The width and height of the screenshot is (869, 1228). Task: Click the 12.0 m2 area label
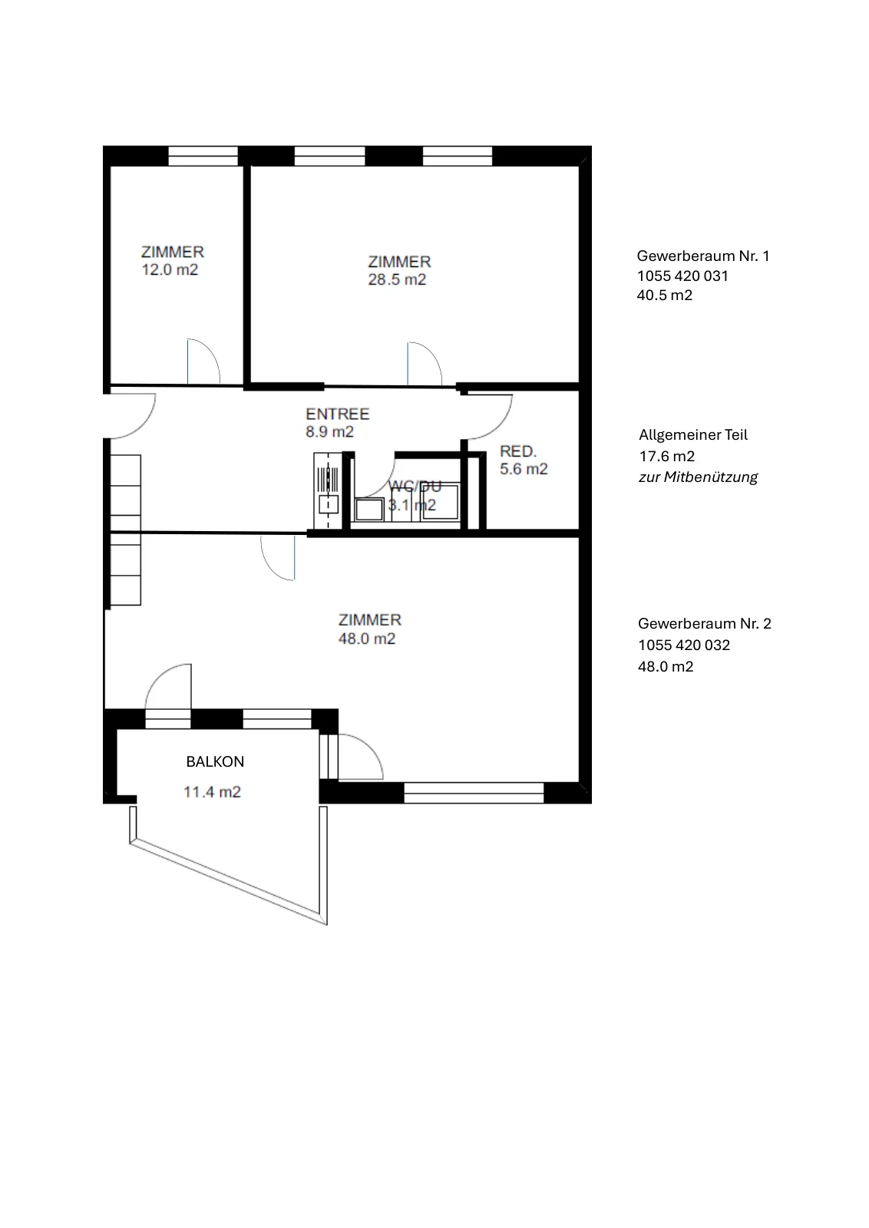pyautogui.click(x=170, y=269)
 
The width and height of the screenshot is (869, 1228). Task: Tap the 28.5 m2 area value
pyautogui.click(x=397, y=279)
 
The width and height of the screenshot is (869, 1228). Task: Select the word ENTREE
pyautogui.click(x=338, y=414)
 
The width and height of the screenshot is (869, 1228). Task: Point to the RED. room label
pyautogui.click(x=518, y=451)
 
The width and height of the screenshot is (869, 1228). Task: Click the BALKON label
pyautogui.click(x=215, y=761)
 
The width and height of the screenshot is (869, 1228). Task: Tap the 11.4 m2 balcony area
pyautogui.click(x=212, y=792)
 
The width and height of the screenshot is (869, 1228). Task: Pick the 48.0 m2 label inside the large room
pyautogui.click(x=367, y=639)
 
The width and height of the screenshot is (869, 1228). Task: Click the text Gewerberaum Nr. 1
pyautogui.click(x=703, y=256)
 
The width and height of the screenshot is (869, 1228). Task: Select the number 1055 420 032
pyautogui.click(x=684, y=645)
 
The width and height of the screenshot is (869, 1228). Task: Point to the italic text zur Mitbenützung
pyautogui.click(x=698, y=477)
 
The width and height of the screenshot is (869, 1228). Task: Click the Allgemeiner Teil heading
pyautogui.click(x=693, y=434)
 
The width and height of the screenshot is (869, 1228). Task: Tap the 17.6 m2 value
pyautogui.click(x=666, y=456)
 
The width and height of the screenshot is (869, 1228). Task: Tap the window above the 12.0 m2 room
pyautogui.click(x=203, y=156)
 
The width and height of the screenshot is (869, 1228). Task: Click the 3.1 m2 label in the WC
pyautogui.click(x=411, y=505)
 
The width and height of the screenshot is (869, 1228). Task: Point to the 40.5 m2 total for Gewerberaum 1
pyautogui.click(x=665, y=295)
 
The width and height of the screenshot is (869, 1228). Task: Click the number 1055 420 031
pyautogui.click(x=682, y=276)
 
